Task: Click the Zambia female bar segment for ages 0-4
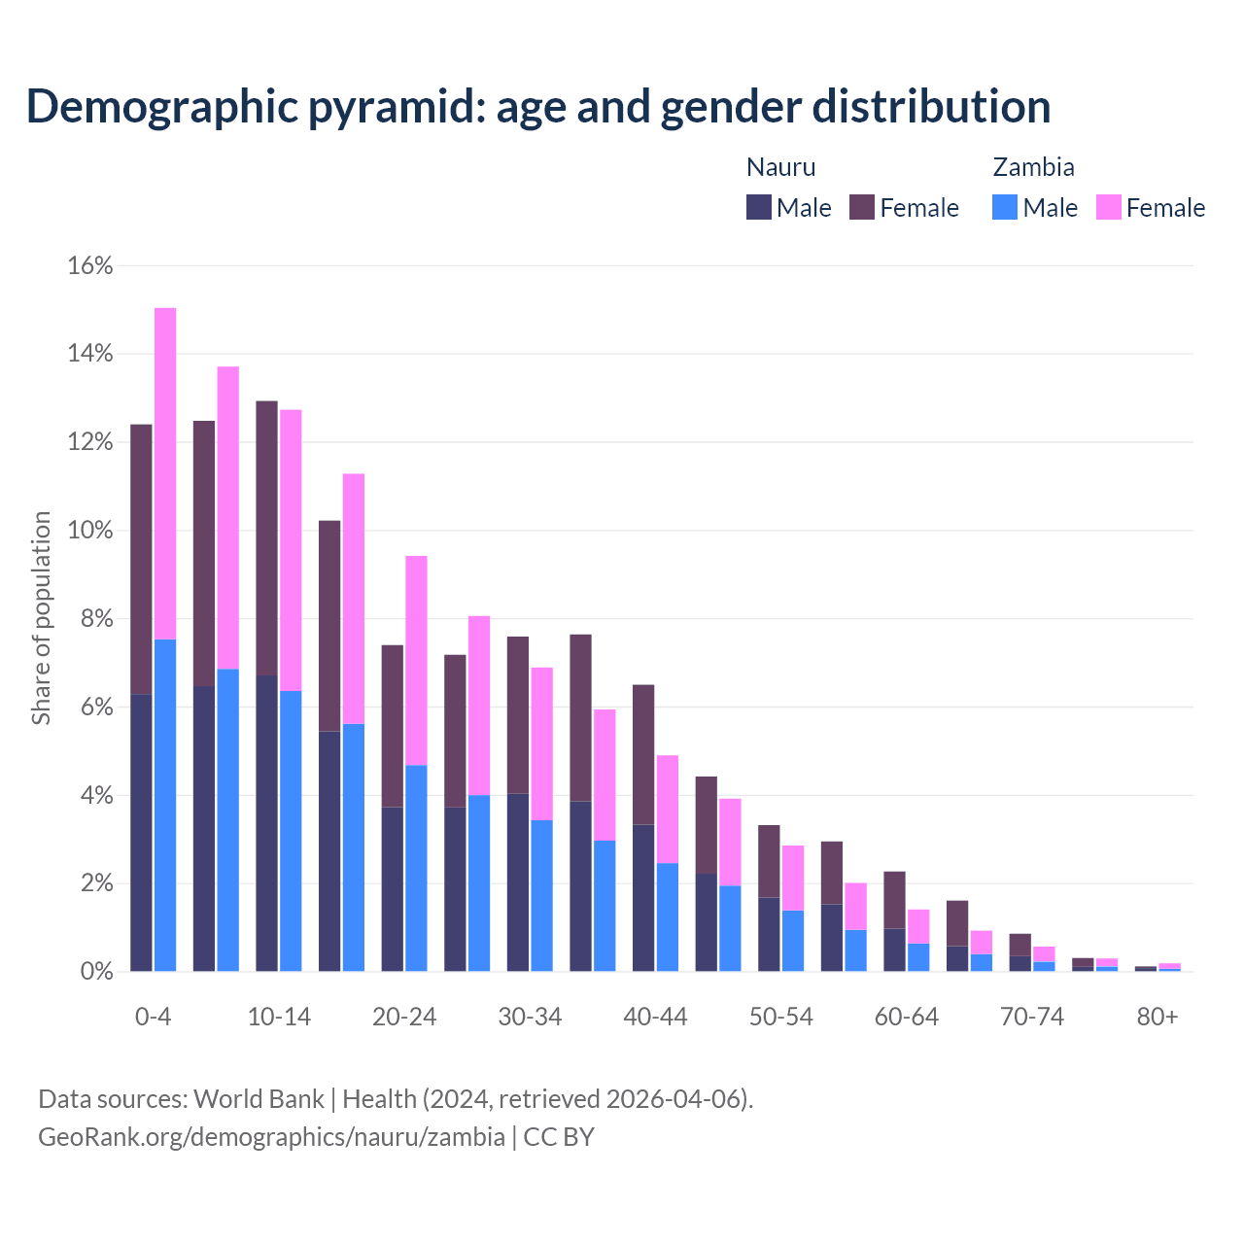click(x=165, y=473)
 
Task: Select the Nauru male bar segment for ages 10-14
click(x=266, y=823)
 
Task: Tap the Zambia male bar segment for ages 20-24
click(x=416, y=868)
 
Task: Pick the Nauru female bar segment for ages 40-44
click(x=643, y=754)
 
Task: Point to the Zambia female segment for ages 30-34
click(x=541, y=743)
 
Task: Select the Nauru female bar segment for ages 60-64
click(x=894, y=900)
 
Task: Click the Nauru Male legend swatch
click(x=759, y=207)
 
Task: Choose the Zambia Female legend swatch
click(x=1109, y=207)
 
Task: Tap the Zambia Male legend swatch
click(x=1005, y=207)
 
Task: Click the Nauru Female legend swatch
click(x=862, y=207)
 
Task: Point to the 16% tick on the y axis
click(x=90, y=265)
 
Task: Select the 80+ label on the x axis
click(x=1158, y=1017)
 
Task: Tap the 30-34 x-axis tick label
click(x=530, y=1017)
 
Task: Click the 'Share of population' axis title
click(x=42, y=618)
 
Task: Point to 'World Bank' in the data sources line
click(x=259, y=1099)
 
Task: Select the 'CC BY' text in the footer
click(x=559, y=1137)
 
